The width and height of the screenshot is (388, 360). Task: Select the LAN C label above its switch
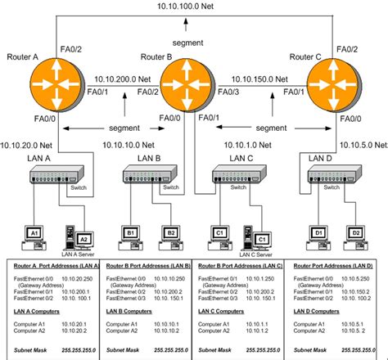click(x=241, y=157)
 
